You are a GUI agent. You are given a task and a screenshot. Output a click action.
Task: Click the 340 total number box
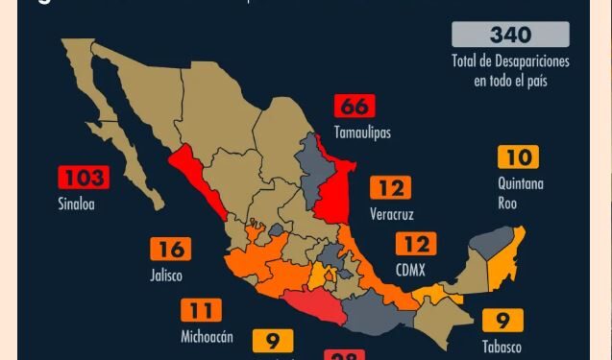pyautogui.click(x=510, y=35)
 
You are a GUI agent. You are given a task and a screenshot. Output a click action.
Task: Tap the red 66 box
pyautogui.click(x=354, y=106)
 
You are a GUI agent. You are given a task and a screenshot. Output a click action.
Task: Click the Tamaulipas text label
pyautogui.click(x=362, y=132)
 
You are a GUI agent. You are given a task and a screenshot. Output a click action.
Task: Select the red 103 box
pyautogui.click(x=83, y=178)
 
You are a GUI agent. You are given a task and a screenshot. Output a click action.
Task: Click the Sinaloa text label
pyautogui.click(x=76, y=204)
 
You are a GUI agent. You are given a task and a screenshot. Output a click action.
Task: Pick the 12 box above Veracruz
pyautogui.click(x=389, y=187)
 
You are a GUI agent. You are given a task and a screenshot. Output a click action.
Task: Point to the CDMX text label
pyautogui.click(x=410, y=271)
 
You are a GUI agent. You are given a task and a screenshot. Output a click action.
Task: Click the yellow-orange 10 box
pyautogui.click(x=518, y=156)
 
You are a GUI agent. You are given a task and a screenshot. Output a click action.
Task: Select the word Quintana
pyautogui.click(x=521, y=182)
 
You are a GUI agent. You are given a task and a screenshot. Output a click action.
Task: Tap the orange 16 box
pyautogui.click(x=170, y=250)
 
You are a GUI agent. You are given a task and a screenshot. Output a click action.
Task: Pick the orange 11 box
pyautogui.click(x=201, y=310)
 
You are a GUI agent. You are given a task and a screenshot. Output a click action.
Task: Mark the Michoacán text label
pyautogui.click(x=207, y=337)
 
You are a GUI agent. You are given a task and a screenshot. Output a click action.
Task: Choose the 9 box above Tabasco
pyautogui.click(x=502, y=321)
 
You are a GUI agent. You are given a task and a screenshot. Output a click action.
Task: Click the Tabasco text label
pyautogui.click(x=503, y=347)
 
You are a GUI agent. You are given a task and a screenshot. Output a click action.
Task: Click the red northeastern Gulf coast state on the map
pyautogui.click(x=332, y=192)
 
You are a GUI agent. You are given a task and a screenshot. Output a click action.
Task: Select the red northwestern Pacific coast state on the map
pyautogui.click(x=197, y=179)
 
